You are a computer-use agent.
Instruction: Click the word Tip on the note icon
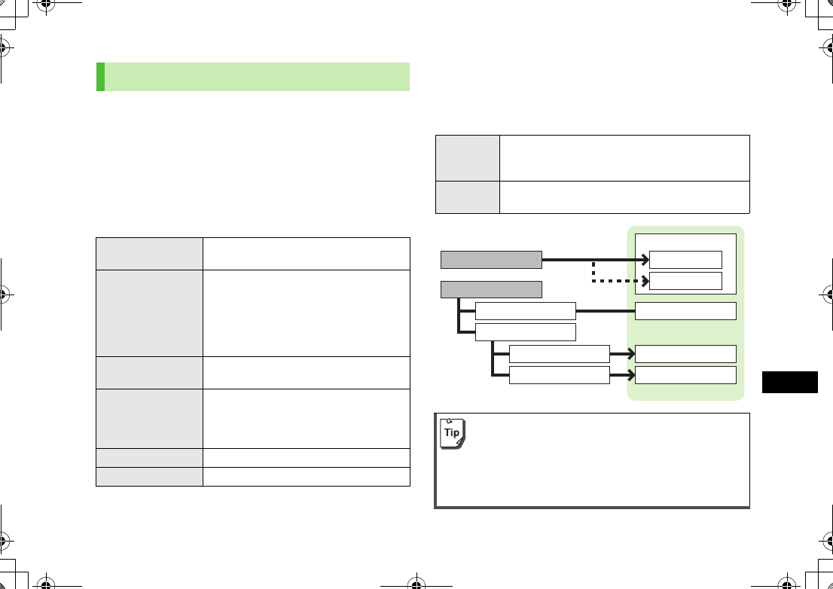pos(452,432)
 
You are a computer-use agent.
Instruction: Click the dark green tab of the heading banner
pos(100,77)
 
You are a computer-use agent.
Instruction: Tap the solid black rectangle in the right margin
pos(789,382)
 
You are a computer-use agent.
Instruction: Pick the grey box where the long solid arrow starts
pos(491,260)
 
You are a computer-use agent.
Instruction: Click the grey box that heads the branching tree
pos(491,289)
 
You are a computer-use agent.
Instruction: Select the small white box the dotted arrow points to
pos(685,281)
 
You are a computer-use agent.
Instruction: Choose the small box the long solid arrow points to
pos(685,260)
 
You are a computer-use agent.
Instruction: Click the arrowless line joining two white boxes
pos(606,311)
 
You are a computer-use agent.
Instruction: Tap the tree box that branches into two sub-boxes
pos(526,332)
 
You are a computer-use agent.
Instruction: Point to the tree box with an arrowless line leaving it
pos(526,311)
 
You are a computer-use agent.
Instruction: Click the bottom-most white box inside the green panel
pos(685,374)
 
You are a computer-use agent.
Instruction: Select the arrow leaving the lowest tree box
pos(622,374)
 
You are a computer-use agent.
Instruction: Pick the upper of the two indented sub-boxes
pos(559,353)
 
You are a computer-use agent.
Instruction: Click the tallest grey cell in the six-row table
pos(149,313)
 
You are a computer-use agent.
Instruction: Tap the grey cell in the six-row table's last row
pos(149,477)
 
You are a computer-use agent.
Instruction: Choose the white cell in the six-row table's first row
pos(306,253)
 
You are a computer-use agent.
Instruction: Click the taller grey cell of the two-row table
pos(468,157)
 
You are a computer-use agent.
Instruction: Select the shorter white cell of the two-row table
pos(624,197)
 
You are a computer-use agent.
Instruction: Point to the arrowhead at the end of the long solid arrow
pos(644,260)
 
